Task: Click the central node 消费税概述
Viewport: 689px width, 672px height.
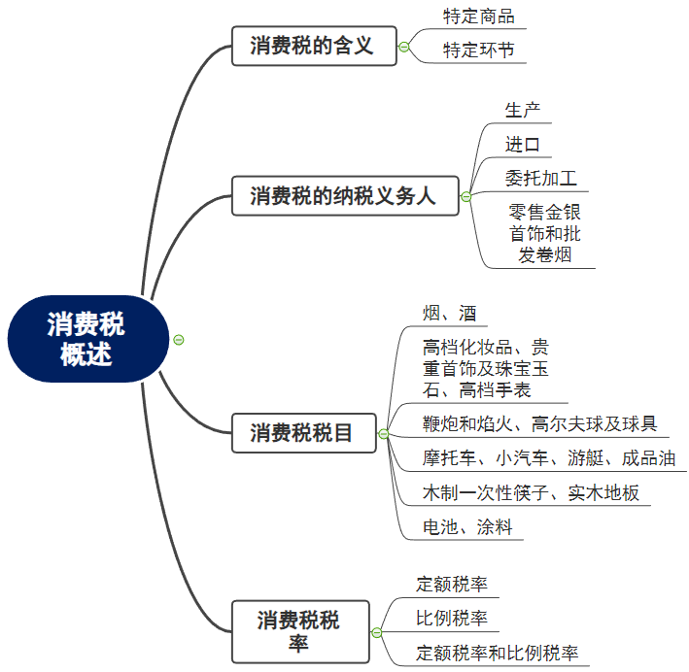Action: coord(86,339)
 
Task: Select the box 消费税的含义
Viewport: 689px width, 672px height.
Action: coord(313,46)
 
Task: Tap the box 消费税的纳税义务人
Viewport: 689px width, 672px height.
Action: coord(342,196)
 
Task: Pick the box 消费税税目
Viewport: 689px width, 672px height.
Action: coord(303,432)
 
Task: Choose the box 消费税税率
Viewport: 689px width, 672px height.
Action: coord(299,631)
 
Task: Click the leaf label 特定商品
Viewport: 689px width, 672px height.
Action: coord(478,17)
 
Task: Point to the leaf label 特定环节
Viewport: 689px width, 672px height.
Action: coord(478,50)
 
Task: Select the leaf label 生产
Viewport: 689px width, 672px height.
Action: coord(523,110)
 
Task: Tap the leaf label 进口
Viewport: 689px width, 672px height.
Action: coord(523,145)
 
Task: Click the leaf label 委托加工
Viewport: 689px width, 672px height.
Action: coord(540,179)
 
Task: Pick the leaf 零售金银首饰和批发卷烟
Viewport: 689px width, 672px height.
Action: coord(544,233)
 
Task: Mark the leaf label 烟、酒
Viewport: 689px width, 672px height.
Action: coord(449,313)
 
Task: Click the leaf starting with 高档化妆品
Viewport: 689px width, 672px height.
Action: coord(485,368)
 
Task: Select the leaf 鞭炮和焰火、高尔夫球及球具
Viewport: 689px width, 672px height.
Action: coord(539,423)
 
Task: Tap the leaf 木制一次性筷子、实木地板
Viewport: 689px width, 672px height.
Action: coord(531,492)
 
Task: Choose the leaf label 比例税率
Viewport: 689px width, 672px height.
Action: coord(452,619)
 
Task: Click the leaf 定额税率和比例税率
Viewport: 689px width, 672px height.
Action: coord(497,653)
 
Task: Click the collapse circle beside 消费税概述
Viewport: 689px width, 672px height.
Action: coord(178,339)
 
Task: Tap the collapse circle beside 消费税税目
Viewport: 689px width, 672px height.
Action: coord(383,433)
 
